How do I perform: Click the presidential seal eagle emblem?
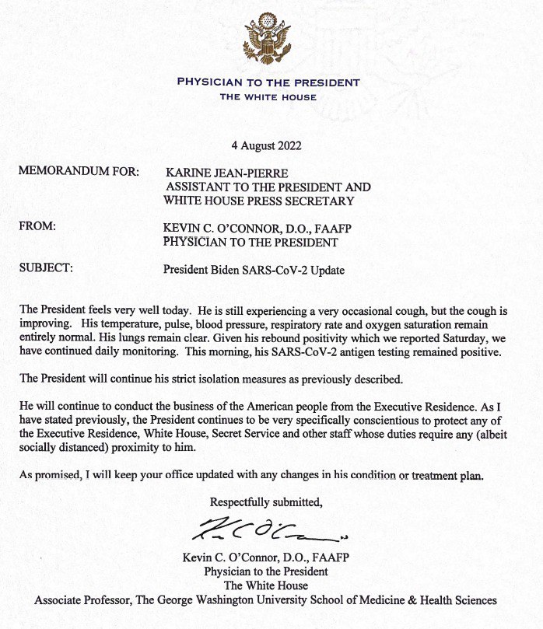268,40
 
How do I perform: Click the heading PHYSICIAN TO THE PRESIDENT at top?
268,82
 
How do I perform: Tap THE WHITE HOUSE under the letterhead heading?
268,97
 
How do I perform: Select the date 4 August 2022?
266,145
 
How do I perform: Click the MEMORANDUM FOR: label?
79,172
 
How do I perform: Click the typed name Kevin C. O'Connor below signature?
243,557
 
